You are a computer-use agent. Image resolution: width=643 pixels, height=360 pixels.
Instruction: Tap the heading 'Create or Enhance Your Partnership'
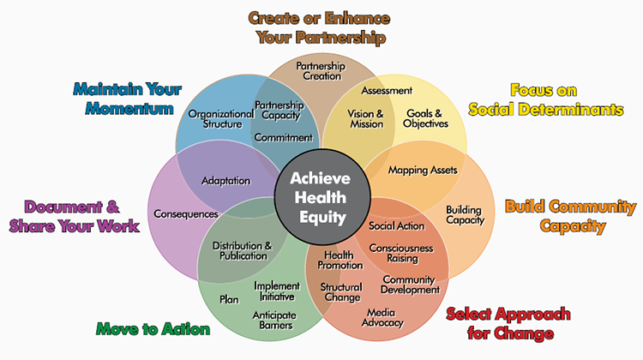point(321,27)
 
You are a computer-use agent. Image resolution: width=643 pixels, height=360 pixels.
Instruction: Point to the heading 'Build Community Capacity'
point(569,217)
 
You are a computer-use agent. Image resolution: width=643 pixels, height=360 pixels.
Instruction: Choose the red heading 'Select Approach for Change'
point(500,324)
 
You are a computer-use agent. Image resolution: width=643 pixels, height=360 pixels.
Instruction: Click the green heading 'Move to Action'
point(153,328)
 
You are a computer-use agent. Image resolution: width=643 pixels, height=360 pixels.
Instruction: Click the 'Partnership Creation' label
point(320,71)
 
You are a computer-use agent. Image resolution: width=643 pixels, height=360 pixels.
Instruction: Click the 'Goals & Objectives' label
point(426,118)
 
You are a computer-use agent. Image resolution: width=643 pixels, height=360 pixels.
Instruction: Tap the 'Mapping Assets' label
point(422,170)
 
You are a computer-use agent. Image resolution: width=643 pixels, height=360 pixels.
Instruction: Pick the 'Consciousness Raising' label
point(401,254)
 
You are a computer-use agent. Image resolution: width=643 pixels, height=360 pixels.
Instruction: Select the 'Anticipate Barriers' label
point(273,320)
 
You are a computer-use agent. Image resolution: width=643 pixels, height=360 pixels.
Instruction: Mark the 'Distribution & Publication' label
point(241,250)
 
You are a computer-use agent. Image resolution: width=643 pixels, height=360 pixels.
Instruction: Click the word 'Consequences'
point(185,213)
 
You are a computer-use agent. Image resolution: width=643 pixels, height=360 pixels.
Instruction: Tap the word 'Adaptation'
point(225,181)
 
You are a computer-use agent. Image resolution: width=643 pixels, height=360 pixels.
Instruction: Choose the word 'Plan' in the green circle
point(229,299)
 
